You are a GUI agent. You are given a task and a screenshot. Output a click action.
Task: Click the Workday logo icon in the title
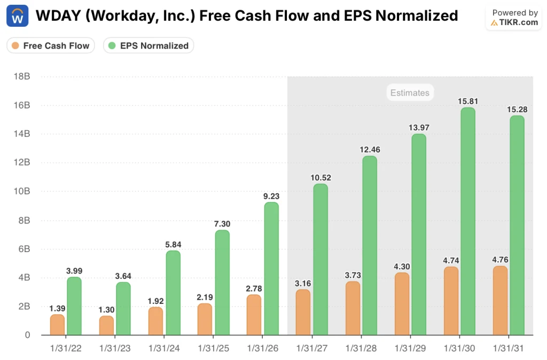[18, 16]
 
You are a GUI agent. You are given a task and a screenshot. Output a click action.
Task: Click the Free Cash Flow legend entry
[51, 45]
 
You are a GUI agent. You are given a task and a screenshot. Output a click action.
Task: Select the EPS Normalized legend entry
[149, 45]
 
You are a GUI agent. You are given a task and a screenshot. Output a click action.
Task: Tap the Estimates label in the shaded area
[410, 93]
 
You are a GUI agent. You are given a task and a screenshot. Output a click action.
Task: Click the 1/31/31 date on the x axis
[507, 348]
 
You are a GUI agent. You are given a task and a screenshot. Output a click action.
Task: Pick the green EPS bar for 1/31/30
[467, 222]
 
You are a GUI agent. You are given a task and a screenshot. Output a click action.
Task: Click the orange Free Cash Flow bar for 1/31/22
[57, 325]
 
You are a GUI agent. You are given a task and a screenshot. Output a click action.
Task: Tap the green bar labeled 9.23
[271, 269]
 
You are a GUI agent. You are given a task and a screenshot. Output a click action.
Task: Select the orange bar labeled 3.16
[303, 312]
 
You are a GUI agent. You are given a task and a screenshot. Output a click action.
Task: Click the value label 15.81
[467, 100]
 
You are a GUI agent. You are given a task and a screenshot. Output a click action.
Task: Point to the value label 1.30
[106, 309]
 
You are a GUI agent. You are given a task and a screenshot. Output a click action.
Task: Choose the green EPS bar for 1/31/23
[123, 309]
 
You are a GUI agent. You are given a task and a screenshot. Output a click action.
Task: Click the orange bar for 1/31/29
[401, 304]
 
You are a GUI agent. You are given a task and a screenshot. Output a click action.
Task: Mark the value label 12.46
[370, 149]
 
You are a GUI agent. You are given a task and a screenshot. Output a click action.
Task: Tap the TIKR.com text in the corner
[518, 22]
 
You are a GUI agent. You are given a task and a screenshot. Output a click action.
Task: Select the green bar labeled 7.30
[222, 283]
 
